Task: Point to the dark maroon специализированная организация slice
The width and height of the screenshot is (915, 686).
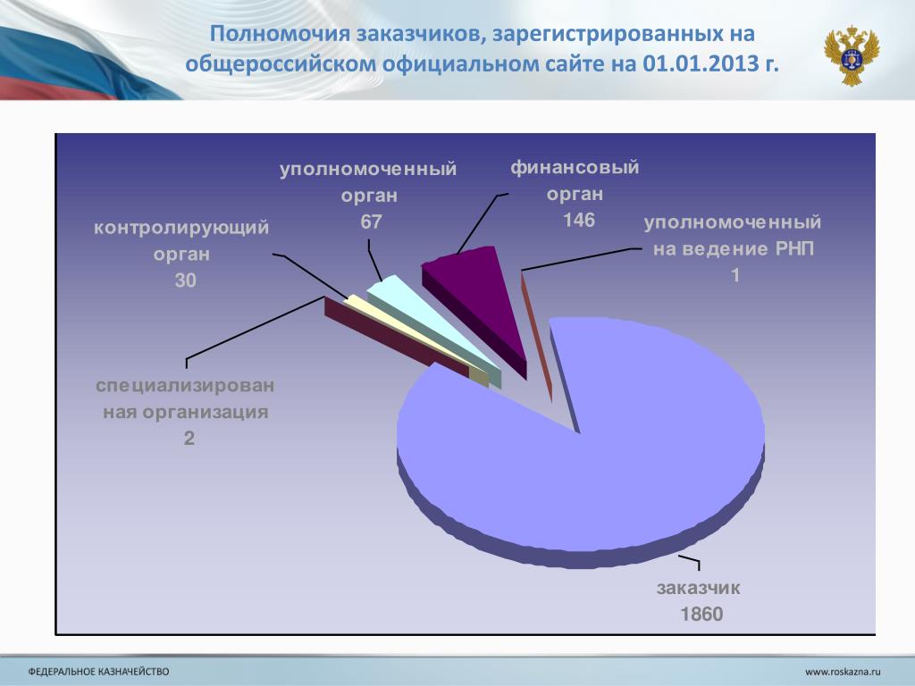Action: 397,337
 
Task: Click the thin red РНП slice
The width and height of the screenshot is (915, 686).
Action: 536,336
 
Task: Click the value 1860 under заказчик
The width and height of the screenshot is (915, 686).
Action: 701,614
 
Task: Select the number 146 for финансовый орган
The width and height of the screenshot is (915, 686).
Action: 579,220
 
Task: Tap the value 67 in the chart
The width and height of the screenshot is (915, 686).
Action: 371,222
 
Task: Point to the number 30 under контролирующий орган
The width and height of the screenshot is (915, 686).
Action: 186,280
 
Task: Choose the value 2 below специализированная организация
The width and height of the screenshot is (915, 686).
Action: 189,438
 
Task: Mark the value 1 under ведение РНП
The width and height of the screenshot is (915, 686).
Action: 735,275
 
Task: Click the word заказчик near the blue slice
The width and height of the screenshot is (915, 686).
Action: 699,588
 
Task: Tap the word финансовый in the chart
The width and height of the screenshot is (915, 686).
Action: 575,167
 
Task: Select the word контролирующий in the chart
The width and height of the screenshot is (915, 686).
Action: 181,228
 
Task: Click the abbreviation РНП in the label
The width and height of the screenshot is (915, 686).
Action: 794,249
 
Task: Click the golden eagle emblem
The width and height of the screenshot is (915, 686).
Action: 852,54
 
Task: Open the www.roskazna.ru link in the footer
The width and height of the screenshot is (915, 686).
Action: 843,672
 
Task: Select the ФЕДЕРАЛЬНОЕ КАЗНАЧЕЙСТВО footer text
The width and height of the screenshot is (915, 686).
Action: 98,672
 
